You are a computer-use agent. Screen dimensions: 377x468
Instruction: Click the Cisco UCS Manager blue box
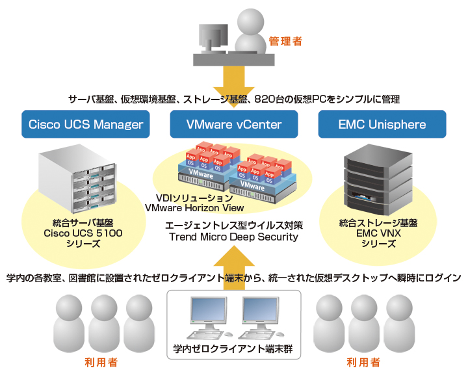tap(86, 124)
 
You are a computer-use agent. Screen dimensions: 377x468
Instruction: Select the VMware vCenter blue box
tap(234, 124)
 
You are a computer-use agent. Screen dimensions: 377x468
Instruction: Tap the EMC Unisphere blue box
tap(382, 124)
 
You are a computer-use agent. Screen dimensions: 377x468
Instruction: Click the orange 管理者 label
tap(285, 41)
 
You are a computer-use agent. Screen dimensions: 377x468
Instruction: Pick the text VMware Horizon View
tap(194, 208)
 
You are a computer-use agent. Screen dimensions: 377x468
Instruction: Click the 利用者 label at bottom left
tap(103, 362)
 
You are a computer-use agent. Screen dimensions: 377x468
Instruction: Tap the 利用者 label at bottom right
tap(363, 362)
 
